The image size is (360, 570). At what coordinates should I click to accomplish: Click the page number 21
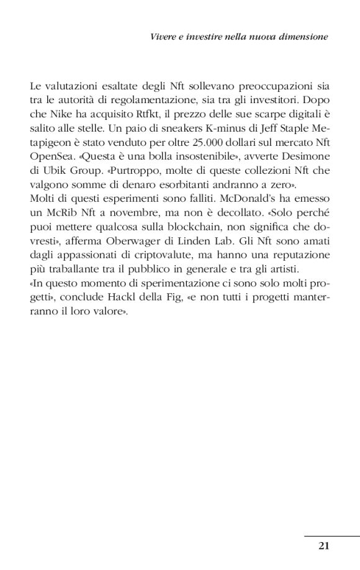tap(323, 546)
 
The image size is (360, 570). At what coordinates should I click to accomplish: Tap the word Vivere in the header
tap(163, 37)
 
